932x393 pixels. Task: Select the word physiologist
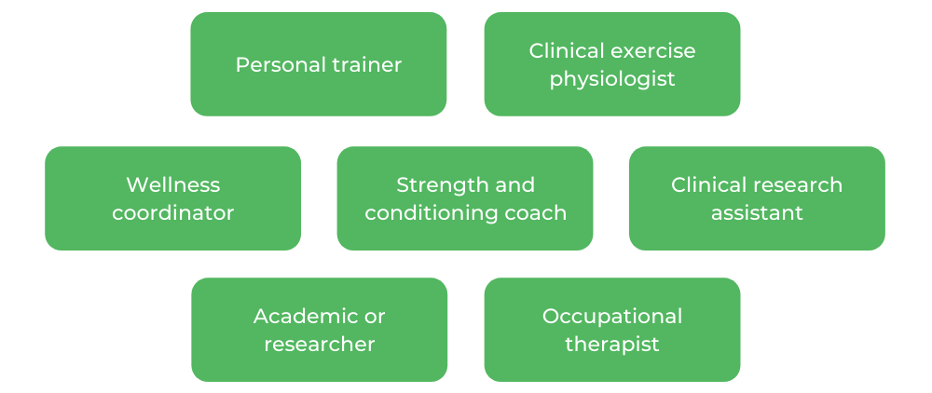(612, 79)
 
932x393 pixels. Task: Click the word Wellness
(173, 184)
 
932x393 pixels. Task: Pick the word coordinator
(173, 213)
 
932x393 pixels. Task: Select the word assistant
(757, 213)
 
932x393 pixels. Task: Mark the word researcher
(320, 345)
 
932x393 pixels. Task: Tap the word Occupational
(612, 316)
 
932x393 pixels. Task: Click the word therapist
(612, 345)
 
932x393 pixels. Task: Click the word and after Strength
(515, 184)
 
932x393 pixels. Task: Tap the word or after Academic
(375, 316)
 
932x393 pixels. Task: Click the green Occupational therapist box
(612, 368)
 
